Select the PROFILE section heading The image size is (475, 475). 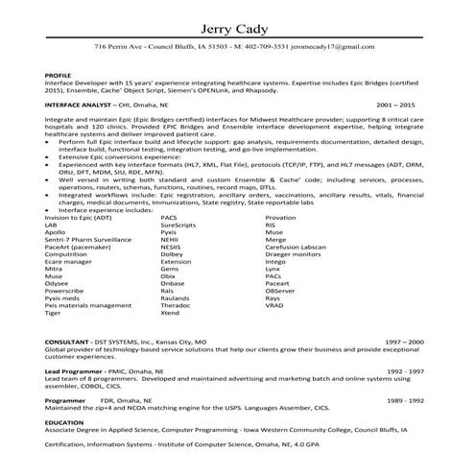pos(59,73)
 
